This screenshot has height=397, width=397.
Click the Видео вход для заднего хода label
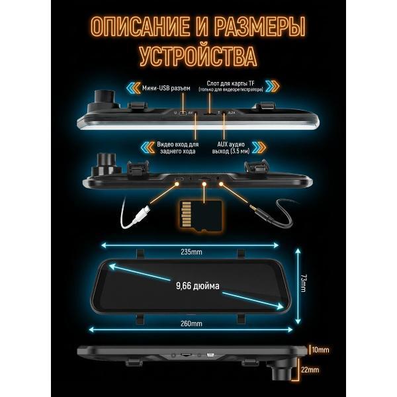pyautogui.click(x=178, y=147)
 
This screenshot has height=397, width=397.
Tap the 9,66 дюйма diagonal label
pyautogui.click(x=197, y=286)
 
